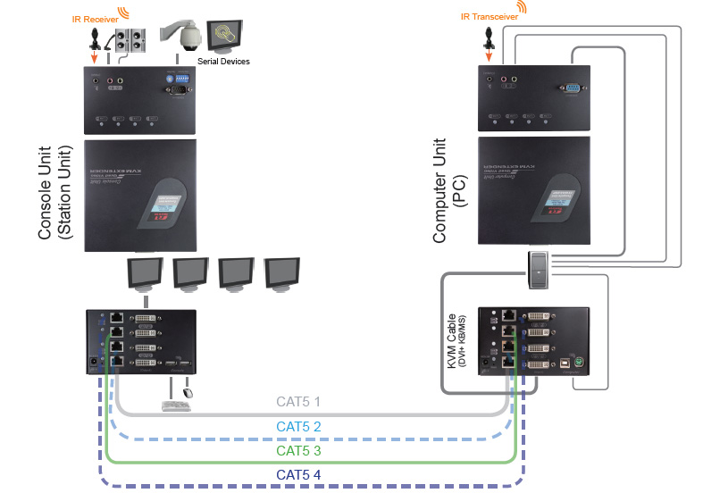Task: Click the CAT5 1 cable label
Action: [x=298, y=401]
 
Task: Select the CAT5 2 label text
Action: [x=298, y=427]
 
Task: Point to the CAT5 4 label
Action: [x=298, y=473]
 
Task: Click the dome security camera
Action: [x=180, y=38]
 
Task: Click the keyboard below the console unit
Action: [x=175, y=405]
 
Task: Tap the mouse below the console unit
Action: [x=188, y=390]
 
